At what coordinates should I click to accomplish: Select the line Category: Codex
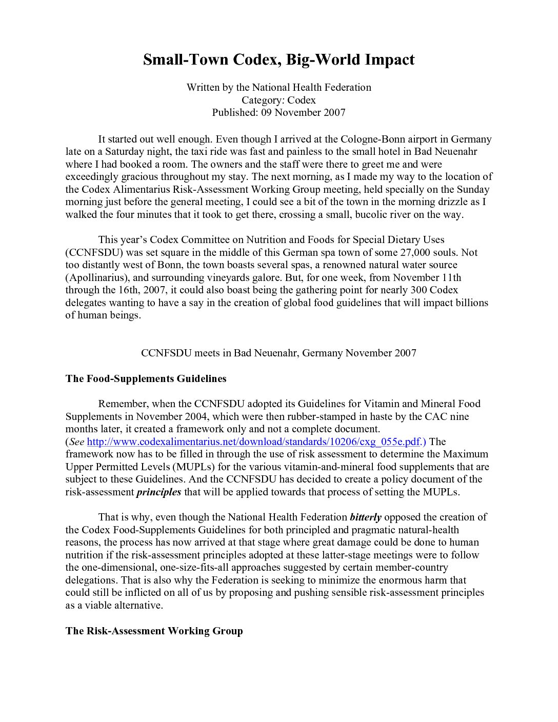pyautogui.click(x=278, y=100)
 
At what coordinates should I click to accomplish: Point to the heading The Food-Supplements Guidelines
pyautogui.click(x=146, y=379)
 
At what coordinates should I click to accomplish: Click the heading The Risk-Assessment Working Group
pyautogui.click(x=154, y=631)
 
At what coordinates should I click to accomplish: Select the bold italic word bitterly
pyautogui.click(x=366, y=517)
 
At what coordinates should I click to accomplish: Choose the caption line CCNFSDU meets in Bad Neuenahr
pyautogui.click(x=278, y=353)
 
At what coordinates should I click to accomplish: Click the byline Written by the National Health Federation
pyautogui.click(x=278, y=87)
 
